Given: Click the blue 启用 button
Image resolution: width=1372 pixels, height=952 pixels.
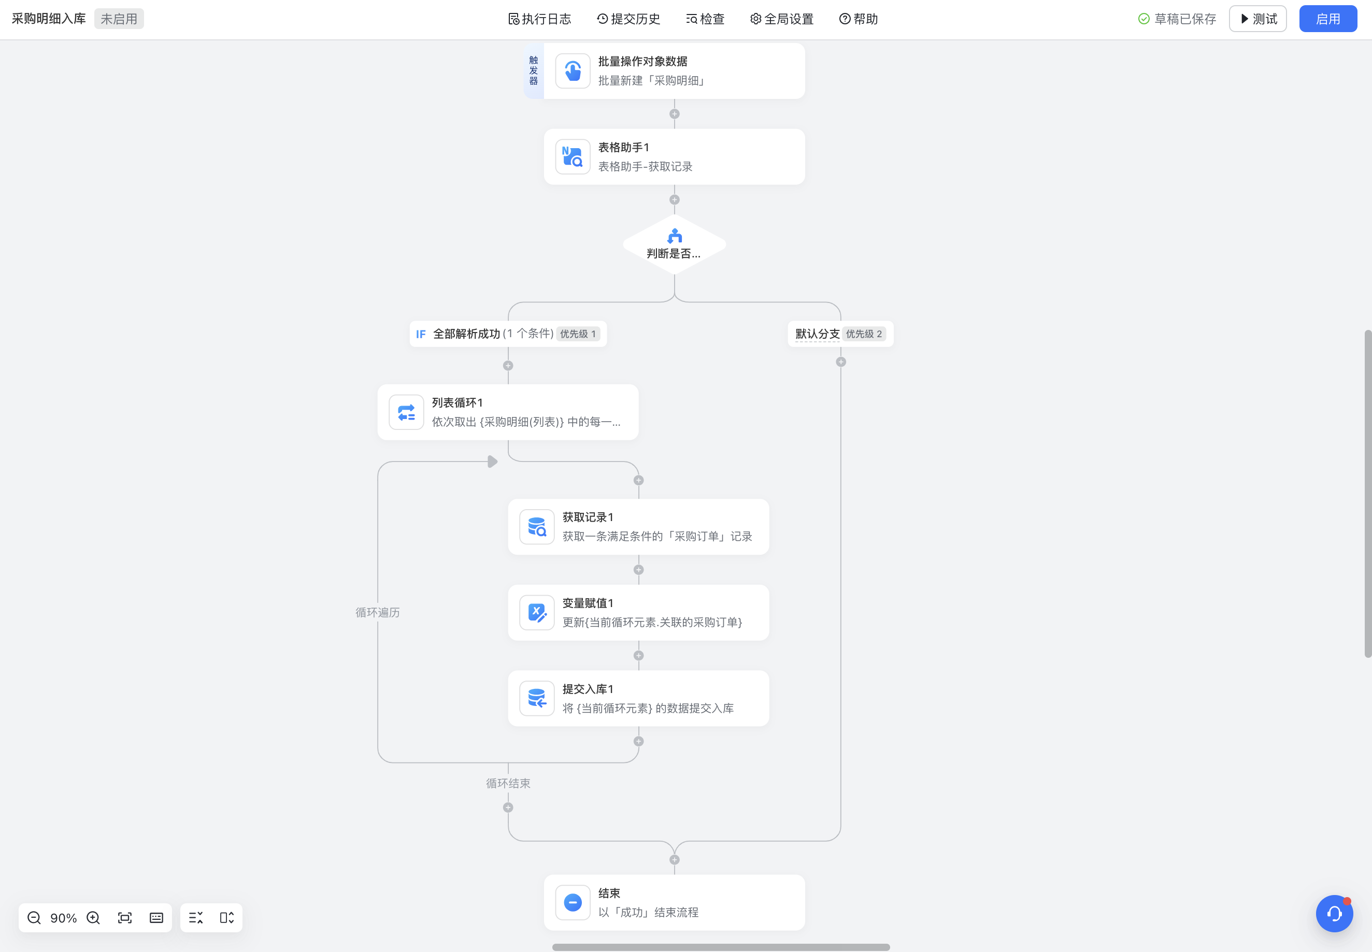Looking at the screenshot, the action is click(x=1328, y=19).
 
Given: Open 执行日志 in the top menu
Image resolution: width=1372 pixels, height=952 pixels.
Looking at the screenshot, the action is click(x=540, y=19).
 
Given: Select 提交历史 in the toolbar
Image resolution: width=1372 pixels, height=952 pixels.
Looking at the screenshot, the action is click(x=628, y=19).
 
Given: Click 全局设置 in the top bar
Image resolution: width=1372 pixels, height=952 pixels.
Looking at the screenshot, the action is click(x=782, y=19).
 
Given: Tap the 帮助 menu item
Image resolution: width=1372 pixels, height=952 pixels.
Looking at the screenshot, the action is click(x=859, y=19).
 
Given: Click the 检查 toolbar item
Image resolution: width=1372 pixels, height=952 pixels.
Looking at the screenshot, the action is click(x=705, y=19).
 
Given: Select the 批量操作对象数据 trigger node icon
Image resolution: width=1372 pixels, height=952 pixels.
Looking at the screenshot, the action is click(x=573, y=71).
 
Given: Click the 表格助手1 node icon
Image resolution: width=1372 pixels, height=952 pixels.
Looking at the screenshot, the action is click(x=573, y=157).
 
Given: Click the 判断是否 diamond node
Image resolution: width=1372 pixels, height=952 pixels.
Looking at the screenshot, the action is click(x=675, y=244).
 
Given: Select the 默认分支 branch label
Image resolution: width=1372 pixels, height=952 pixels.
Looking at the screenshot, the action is click(x=817, y=334).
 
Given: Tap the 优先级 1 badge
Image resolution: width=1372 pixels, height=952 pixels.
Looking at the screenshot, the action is click(x=577, y=334).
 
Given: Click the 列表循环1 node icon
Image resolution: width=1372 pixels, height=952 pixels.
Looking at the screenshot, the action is click(x=406, y=412).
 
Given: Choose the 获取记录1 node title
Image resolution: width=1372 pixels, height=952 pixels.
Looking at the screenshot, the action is click(x=588, y=517).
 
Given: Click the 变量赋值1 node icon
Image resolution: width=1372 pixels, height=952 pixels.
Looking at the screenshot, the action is click(x=537, y=613).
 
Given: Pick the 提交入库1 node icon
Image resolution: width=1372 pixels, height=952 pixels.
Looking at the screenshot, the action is click(x=537, y=699).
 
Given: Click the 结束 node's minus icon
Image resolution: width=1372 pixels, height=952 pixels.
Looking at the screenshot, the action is click(x=573, y=902).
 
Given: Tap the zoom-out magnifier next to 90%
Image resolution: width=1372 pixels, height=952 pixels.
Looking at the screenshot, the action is click(x=34, y=918).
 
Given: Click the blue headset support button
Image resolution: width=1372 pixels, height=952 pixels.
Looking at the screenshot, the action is click(x=1334, y=913).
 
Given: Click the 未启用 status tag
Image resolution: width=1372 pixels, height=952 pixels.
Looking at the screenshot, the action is click(x=119, y=19).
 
